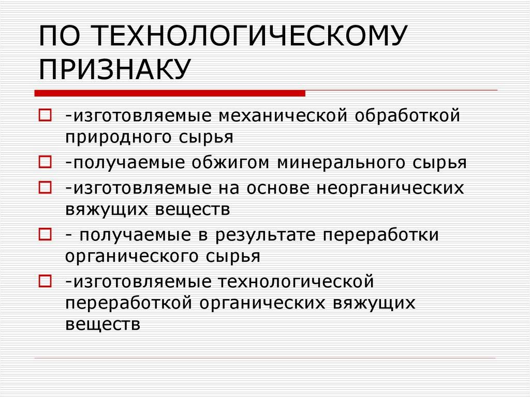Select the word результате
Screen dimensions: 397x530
[x=269, y=234]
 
